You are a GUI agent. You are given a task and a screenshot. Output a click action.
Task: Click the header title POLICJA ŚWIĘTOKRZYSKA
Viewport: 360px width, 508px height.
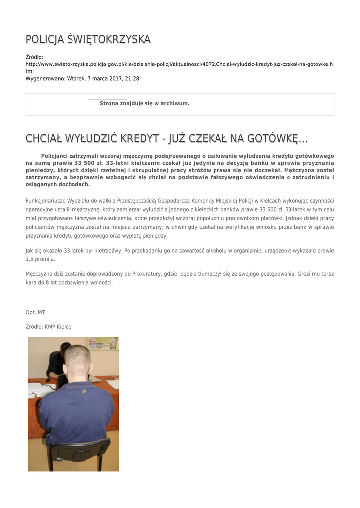(88, 39)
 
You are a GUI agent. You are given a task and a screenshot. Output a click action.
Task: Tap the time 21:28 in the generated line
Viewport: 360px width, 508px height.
(132, 78)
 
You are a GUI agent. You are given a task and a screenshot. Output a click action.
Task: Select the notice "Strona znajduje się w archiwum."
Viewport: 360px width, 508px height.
(144, 103)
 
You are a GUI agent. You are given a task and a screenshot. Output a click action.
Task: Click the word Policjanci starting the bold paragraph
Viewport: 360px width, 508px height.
(59, 156)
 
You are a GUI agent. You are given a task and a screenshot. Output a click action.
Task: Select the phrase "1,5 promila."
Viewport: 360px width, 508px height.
(40, 259)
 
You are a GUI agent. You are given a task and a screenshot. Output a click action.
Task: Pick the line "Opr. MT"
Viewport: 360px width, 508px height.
(35, 312)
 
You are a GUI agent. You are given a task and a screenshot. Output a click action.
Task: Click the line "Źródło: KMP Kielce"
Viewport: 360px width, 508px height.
(48, 327)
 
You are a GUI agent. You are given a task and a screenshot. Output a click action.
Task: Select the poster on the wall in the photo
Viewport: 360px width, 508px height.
(103, 343)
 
